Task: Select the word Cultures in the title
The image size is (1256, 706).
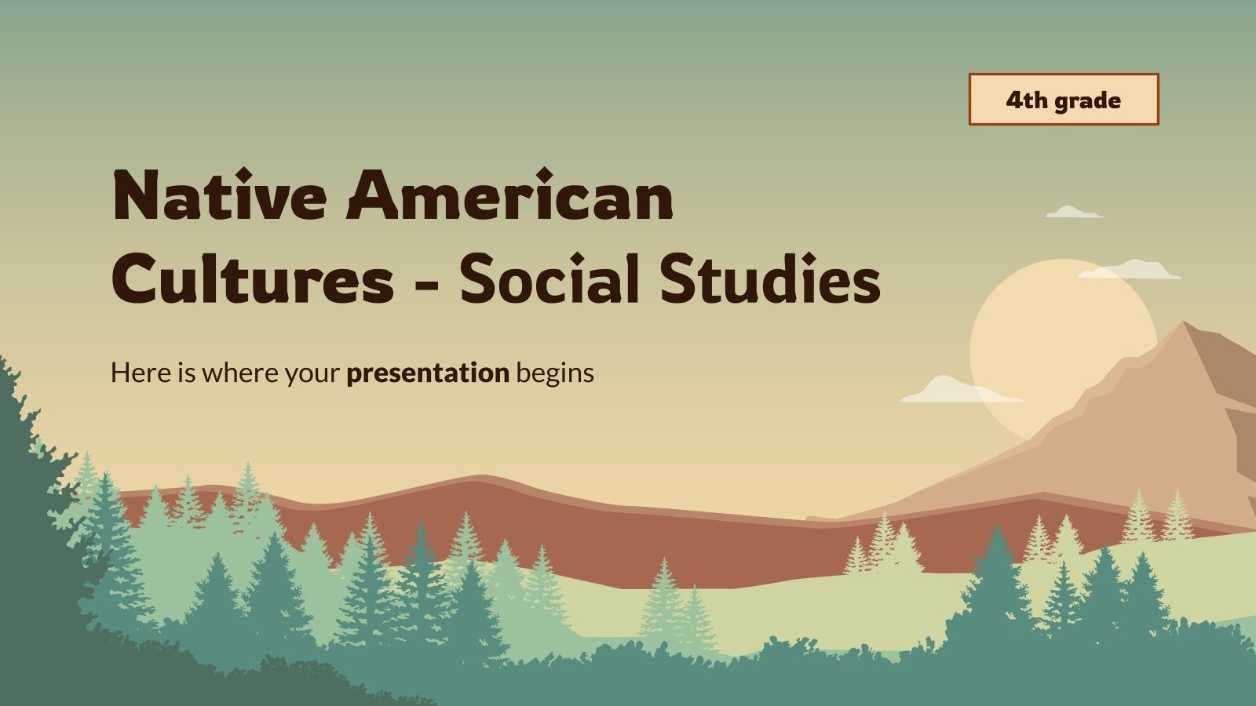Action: click(x=253, y=280)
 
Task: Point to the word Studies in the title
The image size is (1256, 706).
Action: click(x=769, y=280)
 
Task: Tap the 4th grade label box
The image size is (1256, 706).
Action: click(x=1063, y=100)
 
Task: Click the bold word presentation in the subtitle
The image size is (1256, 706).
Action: click(x=428, y=373)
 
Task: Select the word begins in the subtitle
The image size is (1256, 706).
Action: click(x=555, y=373)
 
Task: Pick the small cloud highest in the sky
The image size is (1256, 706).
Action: click(x=1073, y=213)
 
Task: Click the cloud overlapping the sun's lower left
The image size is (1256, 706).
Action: click(x=958, y=391)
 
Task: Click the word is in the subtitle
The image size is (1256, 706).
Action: click(x=186, y=372)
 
